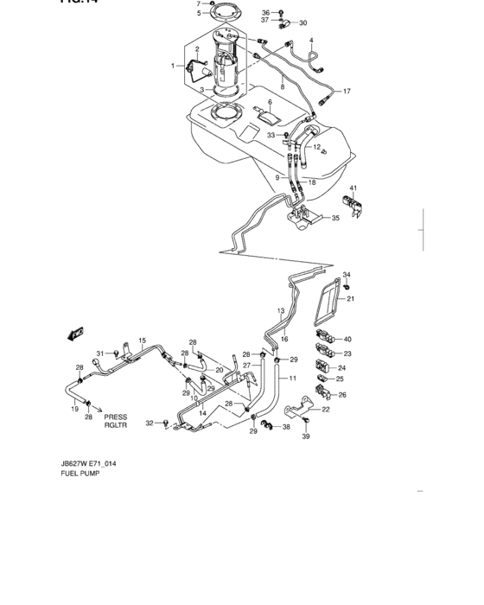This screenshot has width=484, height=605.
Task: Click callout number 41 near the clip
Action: [353, 188]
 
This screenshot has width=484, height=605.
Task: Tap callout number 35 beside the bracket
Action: [336, 219]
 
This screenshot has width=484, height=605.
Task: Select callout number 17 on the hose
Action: [347, 92]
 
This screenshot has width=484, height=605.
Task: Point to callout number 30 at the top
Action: [302, 23]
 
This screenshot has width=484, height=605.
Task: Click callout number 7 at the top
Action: [198, 3]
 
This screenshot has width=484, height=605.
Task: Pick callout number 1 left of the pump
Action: [173, 66]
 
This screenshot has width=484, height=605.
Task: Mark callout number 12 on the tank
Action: [317, 149]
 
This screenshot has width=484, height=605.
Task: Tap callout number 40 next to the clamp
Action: [347, 339]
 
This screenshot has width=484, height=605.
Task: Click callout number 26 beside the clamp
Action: [342, 395]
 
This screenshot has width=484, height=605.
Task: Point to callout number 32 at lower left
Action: [149, 423]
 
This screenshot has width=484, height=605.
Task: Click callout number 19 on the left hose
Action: [75, 408]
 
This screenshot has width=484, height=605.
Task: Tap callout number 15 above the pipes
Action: [142, 341]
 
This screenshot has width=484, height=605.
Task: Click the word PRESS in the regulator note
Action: [116, 417]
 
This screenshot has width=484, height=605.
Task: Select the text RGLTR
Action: [116, 426]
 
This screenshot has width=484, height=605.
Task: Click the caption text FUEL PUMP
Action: [80, 475]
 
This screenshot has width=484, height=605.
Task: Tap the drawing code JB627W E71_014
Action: [88, 464]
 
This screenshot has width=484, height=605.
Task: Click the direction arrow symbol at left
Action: [74, 333]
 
